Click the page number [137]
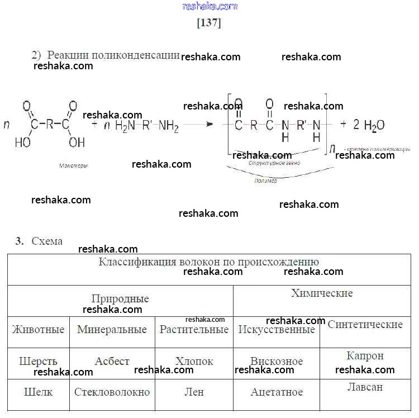[209, 23]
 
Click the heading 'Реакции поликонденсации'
[113, 55]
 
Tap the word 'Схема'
[47, 241]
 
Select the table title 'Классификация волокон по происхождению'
[209, 262]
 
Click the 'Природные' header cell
[120, 298]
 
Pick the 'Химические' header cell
[322, 293]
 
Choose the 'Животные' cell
[38, 329]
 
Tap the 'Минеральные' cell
[112, 329]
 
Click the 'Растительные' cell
[194, 329]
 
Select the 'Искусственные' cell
[277, 329]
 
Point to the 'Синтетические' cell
[365, 324]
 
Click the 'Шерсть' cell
[38, 361]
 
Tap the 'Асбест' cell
[112, 361]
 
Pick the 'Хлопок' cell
[194, 361]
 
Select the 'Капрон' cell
[365, 355]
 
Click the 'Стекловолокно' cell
[112, 392]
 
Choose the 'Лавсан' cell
[365, 387]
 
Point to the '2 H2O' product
[368, 125]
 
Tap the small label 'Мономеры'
[73, 166]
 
